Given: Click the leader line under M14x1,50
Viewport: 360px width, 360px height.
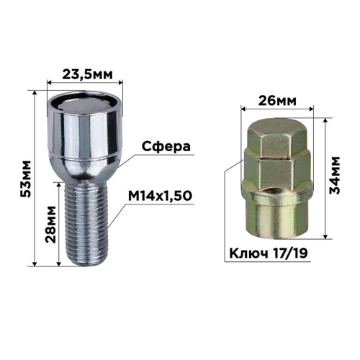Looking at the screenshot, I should [166, 204].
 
